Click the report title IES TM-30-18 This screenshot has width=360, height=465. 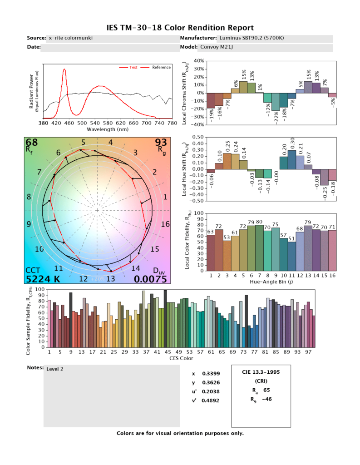tap(180, 28)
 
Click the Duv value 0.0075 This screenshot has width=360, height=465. tap(153, 279)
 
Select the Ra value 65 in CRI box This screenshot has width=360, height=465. tap(266, 390)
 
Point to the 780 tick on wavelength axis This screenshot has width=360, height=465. tap(172, 123)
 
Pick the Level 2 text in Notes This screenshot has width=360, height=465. tap(55, 369)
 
